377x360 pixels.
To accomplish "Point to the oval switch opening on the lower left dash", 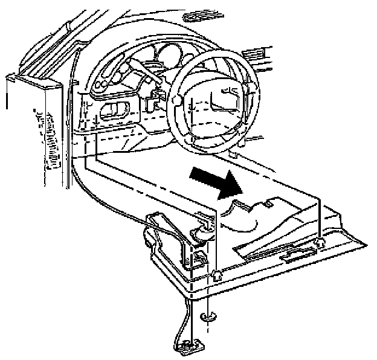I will [x=115, y=110].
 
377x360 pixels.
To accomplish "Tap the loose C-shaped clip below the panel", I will [x=208, y=315].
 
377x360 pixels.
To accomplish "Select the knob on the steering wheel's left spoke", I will [x=176, y=98].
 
